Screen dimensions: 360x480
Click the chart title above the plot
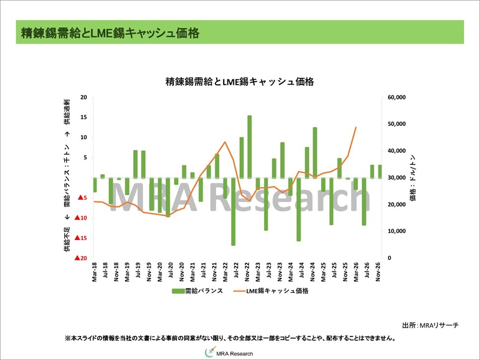[x=240, y=82]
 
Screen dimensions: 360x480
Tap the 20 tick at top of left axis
[x=83, y=97]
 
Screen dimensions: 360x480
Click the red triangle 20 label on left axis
[x=82, y=258]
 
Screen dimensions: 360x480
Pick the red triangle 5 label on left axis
[x=84, y=198]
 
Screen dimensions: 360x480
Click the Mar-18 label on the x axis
[x=95, y=272]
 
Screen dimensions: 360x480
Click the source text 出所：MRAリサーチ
[x=430, y=325]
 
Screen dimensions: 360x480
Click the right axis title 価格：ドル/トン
[x=413, y=178]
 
